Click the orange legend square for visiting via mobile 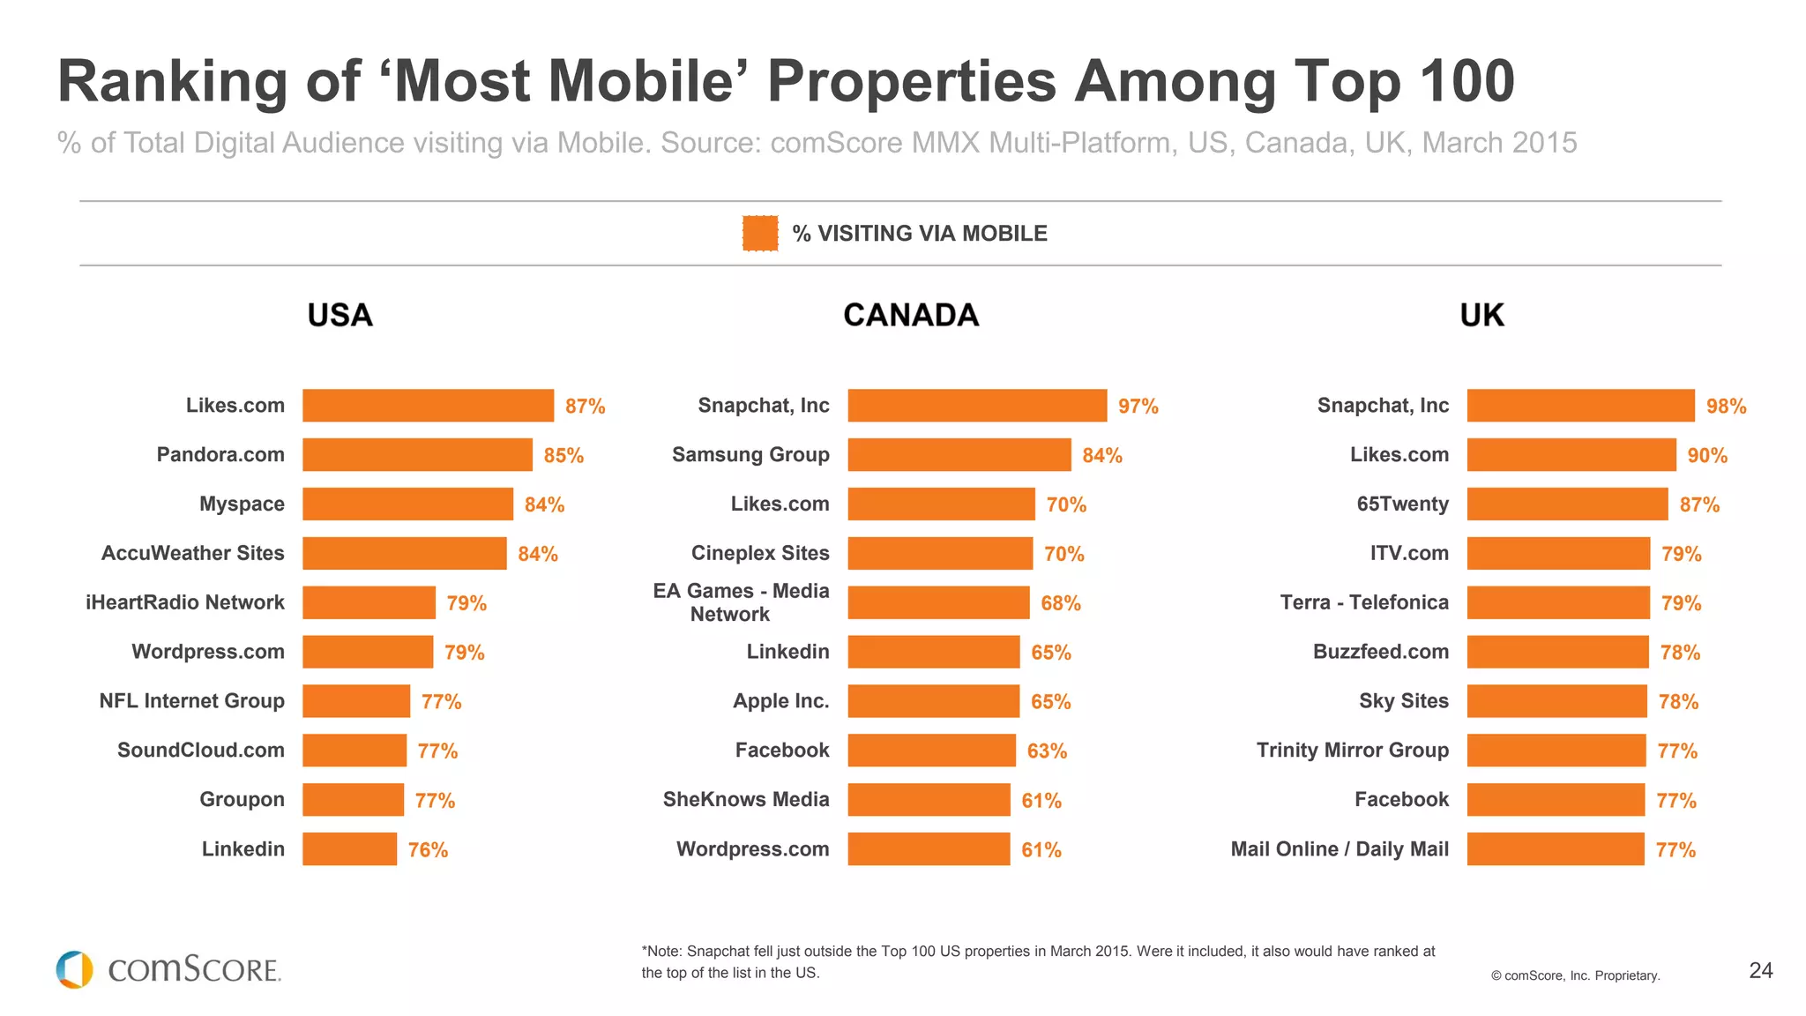[x=759, y=234]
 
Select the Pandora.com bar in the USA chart [x=417, y=455]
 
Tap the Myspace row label [x=242, y=504]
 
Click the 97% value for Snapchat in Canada [x=1138, y=407]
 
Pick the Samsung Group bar [x=959, y=455]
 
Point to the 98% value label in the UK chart [x=1726, y=407]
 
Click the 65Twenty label [x=1402, y=504]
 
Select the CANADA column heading [x=911, y=315]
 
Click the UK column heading [x=1481, y=315]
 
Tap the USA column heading [x=340, y=315]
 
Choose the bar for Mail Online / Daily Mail [x=1556, y=849]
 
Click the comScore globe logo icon [x=74, y=969]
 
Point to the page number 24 [x=1760, y=970]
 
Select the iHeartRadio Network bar [x=369, y=603]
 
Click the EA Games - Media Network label [x=741, y=602]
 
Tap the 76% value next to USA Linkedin [x=428, y=850]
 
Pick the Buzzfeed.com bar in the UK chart [x=1557, y=652]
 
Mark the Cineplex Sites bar [x=940, y=554]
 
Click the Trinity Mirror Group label [x=1352, y=751]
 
